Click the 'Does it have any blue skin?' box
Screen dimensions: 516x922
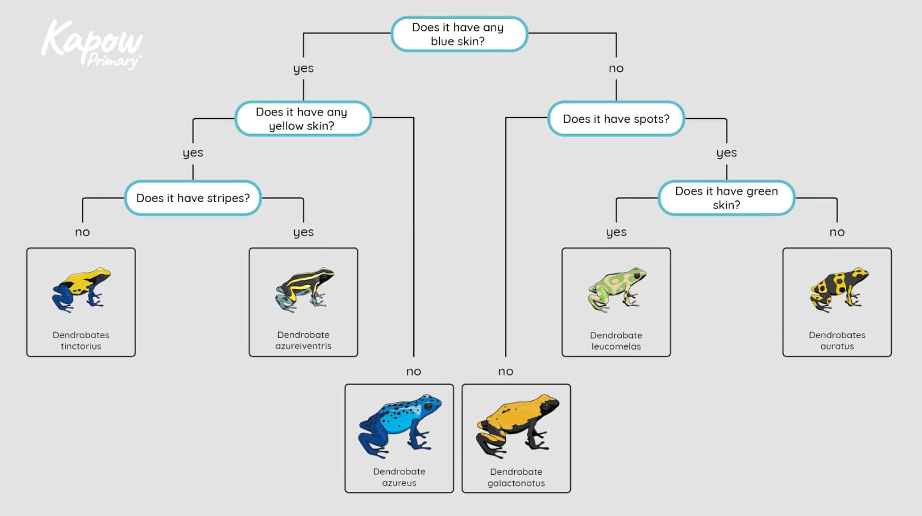[x=459, y=34]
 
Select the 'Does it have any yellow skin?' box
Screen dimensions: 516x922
[x=303, y=119]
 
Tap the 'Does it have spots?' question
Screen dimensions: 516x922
[x=616, y=119]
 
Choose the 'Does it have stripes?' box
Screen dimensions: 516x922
[x=193, y=198]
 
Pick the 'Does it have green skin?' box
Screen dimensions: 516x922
[x=726, y=198]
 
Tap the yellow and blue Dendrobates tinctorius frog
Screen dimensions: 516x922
[x=81, y=289]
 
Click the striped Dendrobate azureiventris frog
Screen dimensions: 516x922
[x=304, y=289]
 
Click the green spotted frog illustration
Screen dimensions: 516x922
[x=616, y=289]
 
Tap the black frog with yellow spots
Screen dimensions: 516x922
[x=839, y=289]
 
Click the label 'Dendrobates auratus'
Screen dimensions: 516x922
[x=837, y=340]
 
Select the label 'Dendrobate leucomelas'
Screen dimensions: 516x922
[x=616, y=340]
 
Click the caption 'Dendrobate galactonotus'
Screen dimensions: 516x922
[x=516, y=477]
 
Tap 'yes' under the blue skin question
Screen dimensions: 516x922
[x=303, y=69]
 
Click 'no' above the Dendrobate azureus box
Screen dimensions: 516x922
[x=414, y=372]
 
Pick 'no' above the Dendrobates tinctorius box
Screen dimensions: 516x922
[x=82, y=232]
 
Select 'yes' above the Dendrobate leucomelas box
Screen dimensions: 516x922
[x=616, y=232]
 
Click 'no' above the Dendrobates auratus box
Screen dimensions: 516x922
[x=837, y=232]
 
